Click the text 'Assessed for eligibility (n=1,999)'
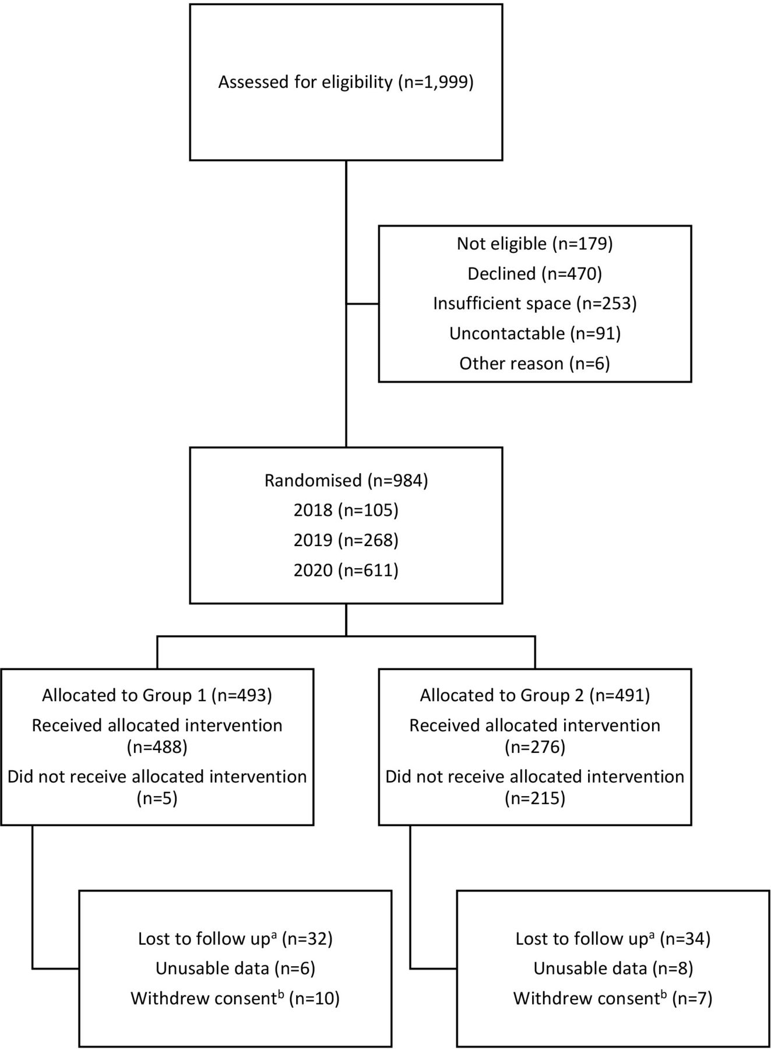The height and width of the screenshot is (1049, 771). [346, 82]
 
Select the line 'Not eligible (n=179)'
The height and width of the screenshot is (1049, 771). [535, 244]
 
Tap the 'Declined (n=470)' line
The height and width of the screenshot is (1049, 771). [535, 273]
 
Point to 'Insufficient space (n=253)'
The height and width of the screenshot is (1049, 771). [535, 304]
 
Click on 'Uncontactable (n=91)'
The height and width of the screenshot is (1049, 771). [535, 333]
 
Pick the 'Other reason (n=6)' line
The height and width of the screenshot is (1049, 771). [535, 364]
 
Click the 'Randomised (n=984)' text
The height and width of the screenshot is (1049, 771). [346, 481]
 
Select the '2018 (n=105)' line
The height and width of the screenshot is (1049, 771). [346, 511]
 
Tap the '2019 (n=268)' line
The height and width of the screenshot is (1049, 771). [346, 540]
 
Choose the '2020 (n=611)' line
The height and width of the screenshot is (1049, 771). [346, 570]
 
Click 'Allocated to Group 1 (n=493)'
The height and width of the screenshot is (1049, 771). [157, 695]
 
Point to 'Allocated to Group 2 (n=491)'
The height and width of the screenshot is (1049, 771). [535, 695]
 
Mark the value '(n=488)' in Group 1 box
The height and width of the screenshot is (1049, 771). [157, 747]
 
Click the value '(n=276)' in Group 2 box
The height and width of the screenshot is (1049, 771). [535, 747]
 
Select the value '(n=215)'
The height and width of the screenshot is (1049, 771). [535, 798]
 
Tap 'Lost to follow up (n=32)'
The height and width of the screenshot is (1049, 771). [235, 938]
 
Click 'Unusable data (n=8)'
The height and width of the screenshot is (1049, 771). [613, 969]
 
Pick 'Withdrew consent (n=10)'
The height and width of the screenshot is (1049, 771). [235, 998]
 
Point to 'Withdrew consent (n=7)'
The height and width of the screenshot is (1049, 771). [613, 998]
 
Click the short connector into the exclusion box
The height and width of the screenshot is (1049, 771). [362, 304]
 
